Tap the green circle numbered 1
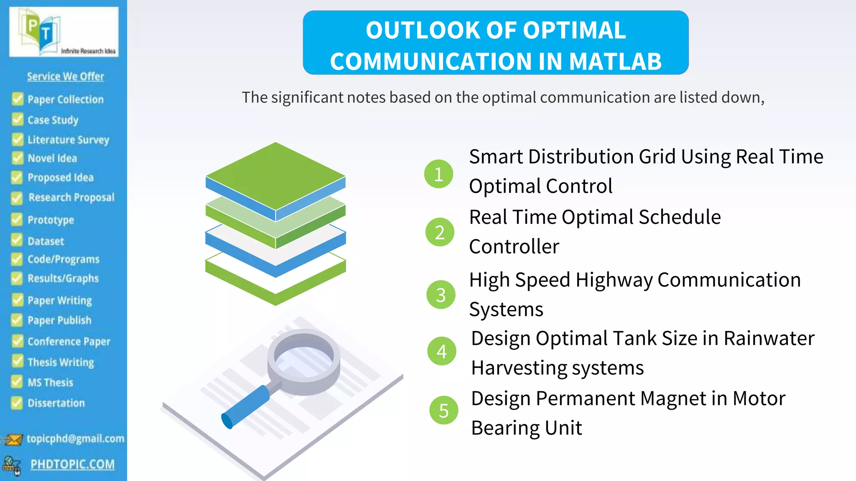click(438, 174)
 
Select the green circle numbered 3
click(441, 294)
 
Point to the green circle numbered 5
click(443, 410)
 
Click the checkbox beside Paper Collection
click(18, 99)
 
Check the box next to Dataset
click(17, 240)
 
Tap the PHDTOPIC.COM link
click(72, 464)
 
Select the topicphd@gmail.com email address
click(75, 438)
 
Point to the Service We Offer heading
click(66, 76)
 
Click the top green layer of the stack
click(275, 175)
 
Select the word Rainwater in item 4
click(769, 338)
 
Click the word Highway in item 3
click(614, 280)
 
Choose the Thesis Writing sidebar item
click(61, 362)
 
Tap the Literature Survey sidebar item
click(68, 139)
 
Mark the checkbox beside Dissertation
click(17, 403)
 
